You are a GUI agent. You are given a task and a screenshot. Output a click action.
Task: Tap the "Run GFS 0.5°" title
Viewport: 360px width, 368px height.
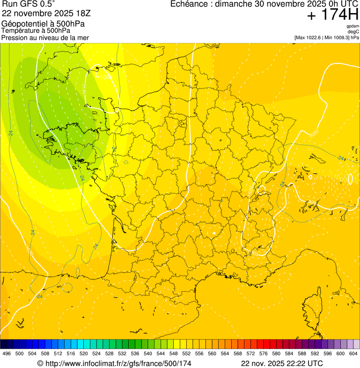pyautogui.click(x=29, y=4)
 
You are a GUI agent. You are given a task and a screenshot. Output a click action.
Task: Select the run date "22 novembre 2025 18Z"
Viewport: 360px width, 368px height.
pyautogui.click(x=45, y=14)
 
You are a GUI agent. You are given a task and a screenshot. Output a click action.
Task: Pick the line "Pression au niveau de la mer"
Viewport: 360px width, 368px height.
pyautogui.click(x=45, y=37)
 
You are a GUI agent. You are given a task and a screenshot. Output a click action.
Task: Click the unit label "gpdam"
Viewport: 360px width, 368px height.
pyautogui.click(x=353, y=26)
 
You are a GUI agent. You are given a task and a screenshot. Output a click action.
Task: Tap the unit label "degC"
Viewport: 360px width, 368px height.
pyautogui.click(x=353, y=32)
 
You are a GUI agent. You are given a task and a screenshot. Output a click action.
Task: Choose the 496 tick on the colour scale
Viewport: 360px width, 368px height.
pyautogui.click(x=7, y=354)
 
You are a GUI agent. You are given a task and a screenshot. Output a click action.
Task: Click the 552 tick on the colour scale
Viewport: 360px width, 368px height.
pyautogui.click(x=186, y=354)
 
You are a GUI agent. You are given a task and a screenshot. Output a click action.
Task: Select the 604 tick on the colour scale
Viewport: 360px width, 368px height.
pyautogui.click(x=353, y=354)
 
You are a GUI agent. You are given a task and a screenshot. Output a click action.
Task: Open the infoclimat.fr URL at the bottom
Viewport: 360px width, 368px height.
pyautogui.click(x=114, y=363)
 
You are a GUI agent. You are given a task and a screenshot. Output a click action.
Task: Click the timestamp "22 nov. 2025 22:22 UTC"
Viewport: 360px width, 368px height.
pyautogui.click(x=281, y=363)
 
